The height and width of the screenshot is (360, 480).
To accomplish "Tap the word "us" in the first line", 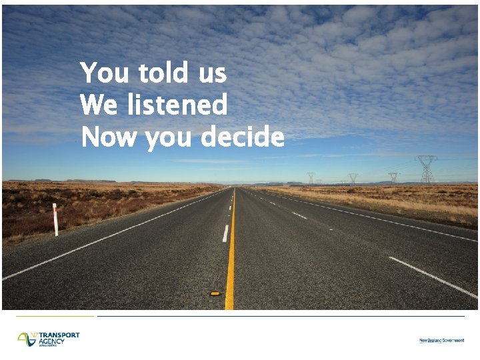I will (212, 73).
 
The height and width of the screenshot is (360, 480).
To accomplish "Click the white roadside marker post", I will (55, 219).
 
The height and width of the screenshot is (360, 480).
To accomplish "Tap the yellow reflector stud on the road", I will (215, 293).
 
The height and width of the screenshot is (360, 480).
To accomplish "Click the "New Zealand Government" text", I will (441, 341).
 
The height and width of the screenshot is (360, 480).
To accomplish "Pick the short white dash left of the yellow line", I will (225, 233).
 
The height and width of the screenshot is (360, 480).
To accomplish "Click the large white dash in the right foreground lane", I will (433, 277).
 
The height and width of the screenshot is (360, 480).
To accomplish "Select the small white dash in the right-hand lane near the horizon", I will (299, 215).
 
